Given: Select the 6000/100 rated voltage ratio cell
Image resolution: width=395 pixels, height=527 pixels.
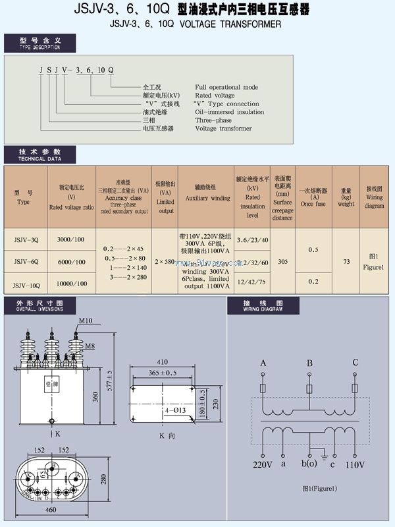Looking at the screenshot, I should [71, 262].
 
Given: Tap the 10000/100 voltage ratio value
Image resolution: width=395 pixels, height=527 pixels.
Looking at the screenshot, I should [71, 284].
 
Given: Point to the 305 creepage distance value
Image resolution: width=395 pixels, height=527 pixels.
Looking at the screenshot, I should [282, 261].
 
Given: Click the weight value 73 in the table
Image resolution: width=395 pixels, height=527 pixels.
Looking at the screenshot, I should [346, 262].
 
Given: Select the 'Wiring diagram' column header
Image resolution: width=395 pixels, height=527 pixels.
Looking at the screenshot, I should [375, 197].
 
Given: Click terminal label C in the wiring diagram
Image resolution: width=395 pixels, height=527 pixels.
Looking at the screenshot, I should [355, 362].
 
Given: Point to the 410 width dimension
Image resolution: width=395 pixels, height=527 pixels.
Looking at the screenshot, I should [163, 362].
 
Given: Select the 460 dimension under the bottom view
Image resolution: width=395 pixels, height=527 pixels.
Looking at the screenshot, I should [50, 510].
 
